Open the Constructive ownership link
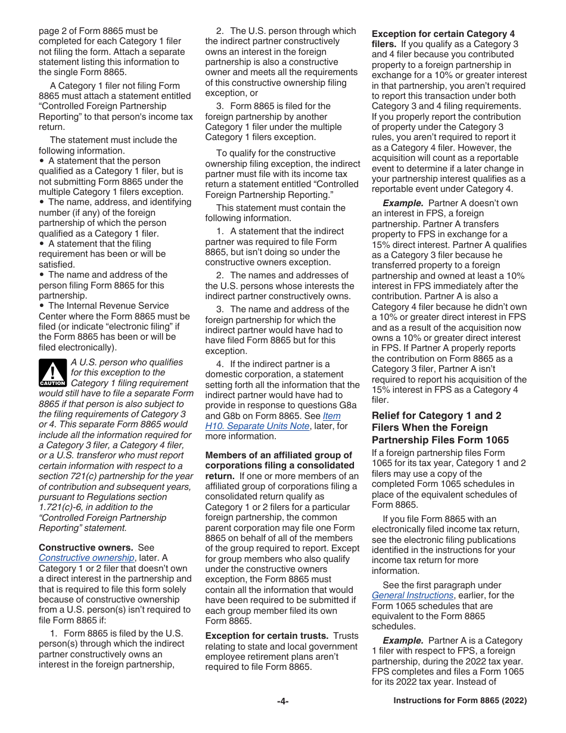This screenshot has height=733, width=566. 86,558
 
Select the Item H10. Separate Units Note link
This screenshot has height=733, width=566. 257,426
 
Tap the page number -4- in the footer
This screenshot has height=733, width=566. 282,701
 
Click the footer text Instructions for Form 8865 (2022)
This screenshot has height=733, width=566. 460,701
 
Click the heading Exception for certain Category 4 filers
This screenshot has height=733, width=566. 443,34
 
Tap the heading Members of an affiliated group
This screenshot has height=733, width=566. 279,455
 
